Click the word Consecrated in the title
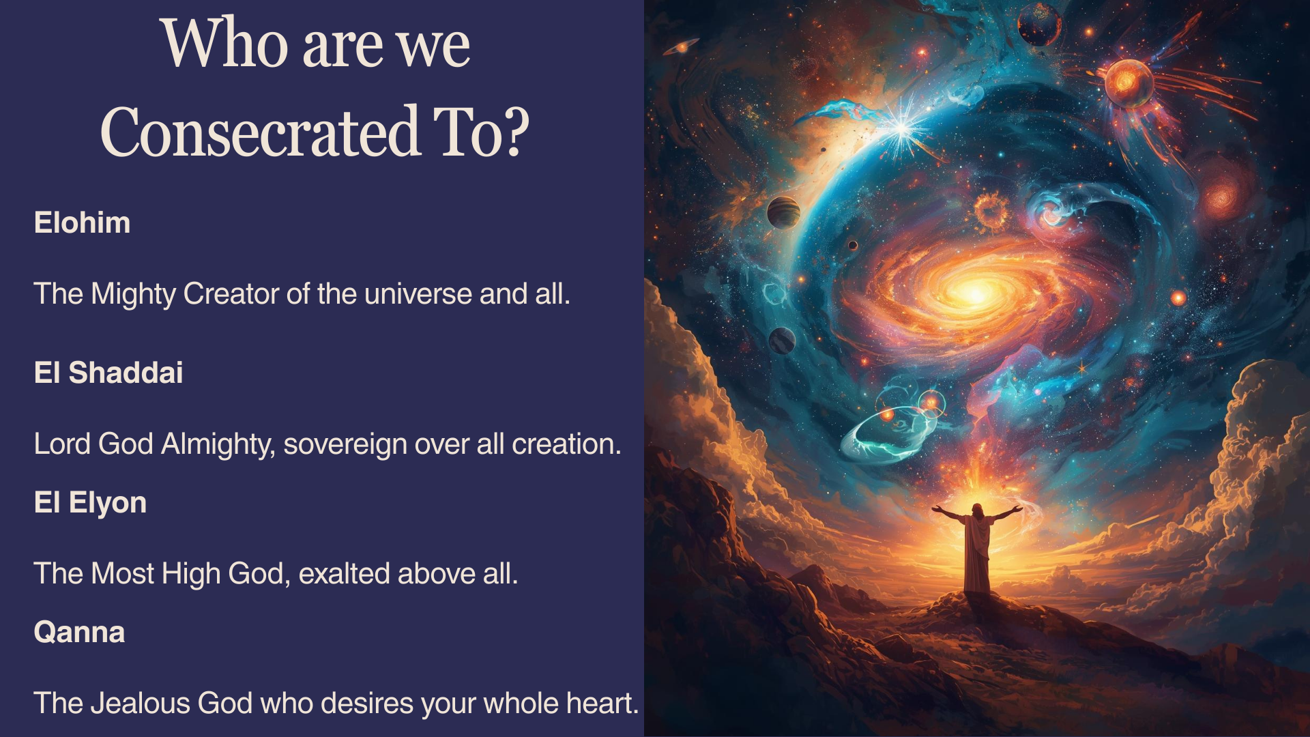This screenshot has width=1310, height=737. click(260, 131)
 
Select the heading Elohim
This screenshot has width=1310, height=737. click(82, 223)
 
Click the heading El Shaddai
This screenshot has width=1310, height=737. click(108, 373)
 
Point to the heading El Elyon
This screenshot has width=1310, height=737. click(90, 504)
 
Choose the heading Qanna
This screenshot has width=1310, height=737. click(79, 633)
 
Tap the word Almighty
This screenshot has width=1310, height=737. click(218, 444)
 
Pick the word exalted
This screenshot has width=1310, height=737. click(344, 574)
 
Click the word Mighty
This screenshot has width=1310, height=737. click(134, 295)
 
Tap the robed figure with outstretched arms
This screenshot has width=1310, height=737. click(976, 546)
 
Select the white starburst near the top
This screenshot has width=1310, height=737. click(902, 127)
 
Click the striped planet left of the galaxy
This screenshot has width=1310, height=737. click(783, 212)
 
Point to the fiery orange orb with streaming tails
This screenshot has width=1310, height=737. click(1129, 83)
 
